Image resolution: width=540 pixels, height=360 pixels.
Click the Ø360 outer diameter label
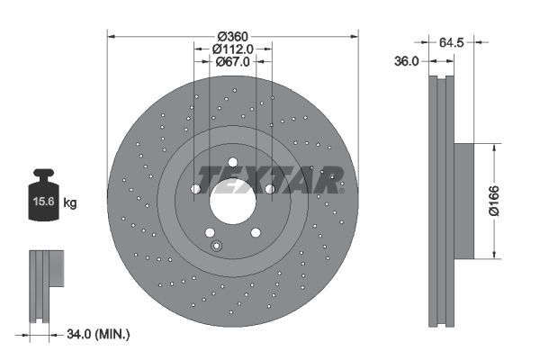(233, 36)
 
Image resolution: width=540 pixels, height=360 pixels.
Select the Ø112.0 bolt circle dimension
(233, 49)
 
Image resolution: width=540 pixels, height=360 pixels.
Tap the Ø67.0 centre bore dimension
(233, 61)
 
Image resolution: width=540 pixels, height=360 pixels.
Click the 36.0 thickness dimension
(408, 61)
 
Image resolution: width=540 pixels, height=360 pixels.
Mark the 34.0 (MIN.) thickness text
(99, 335)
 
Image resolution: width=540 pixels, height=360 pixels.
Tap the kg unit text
(70, 203)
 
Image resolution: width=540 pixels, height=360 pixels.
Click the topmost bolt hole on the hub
(233, 163)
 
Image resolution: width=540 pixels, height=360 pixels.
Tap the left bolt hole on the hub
(195, 189)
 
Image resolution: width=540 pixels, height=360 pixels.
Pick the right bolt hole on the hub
(269, 189)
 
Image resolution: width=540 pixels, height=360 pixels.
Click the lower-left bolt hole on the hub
(210, 231)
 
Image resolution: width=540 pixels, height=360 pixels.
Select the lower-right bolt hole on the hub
(256, 231)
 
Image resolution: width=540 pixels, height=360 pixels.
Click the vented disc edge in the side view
(438, 200)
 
